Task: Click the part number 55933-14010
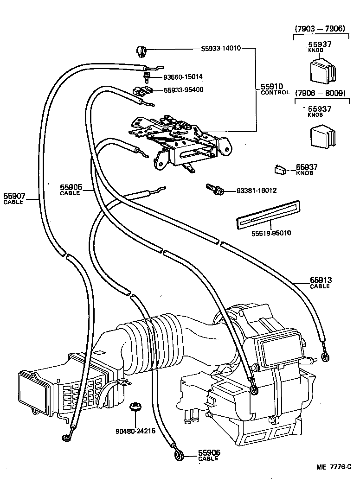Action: point(221,48)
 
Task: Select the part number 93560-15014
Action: point(183,76)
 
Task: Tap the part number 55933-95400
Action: point(183,89)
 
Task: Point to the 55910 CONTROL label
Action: point(275,89)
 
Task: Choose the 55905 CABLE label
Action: point(71,189)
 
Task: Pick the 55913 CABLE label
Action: point(321,283)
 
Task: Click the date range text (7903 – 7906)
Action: point(320,29)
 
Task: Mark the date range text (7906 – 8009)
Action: point(320,93)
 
